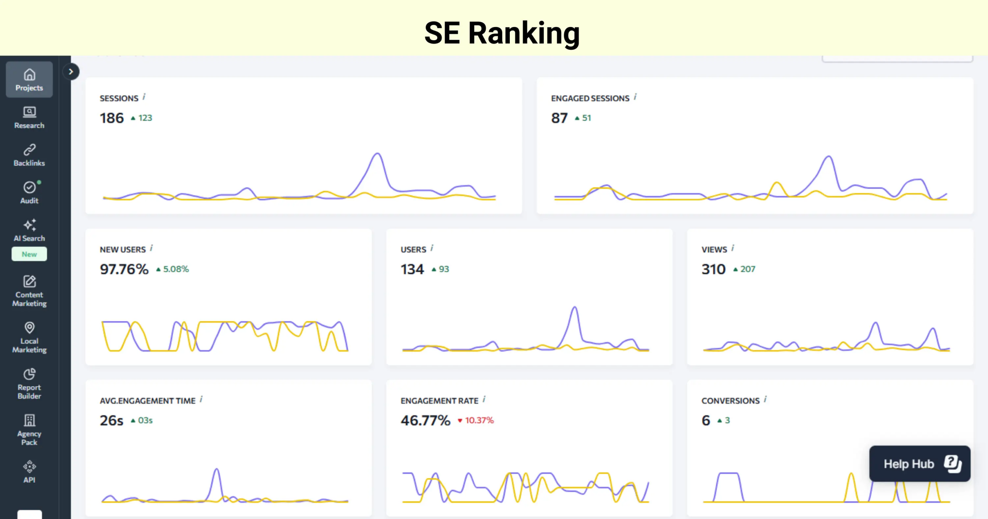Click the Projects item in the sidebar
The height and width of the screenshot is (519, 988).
[x=29, y=80]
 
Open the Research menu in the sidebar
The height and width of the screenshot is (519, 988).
[x=29, y=117]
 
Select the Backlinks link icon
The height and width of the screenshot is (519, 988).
[x=29, y=149]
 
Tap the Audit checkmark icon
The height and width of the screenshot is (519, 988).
[x=29, y=187]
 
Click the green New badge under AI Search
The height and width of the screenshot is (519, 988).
[x=29, y=254]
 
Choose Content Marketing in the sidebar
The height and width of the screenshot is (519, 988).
[x=29, y=291]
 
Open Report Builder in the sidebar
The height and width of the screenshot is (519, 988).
[x=29, y=384]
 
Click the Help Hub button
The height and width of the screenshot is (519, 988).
[x=919, y=464]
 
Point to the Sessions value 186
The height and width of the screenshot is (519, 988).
[x=112, y=118]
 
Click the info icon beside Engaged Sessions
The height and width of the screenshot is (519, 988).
[x=635, y=97]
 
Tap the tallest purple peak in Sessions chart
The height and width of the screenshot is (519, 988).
[x=377, y=154]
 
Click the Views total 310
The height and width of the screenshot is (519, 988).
[x=713, y=269]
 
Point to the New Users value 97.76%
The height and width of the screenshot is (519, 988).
[x=124, y=269]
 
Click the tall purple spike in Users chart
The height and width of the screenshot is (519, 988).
[x=575, y=308]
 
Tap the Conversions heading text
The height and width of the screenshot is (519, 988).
[x=730, y=401]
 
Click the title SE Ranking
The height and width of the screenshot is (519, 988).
[x=502, y=33]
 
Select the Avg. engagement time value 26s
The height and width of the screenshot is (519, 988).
[x=112, y=421]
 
